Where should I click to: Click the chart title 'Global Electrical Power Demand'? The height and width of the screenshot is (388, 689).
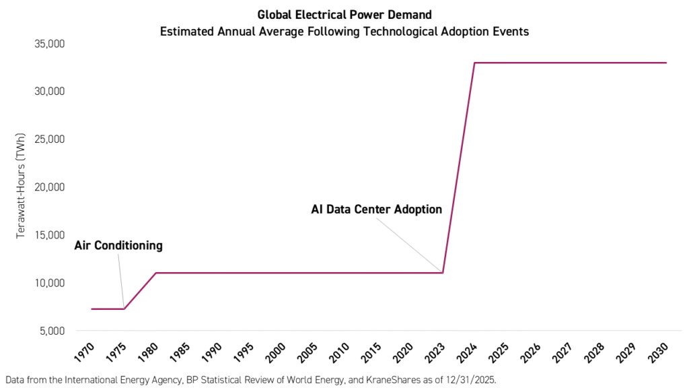tap(344, 15)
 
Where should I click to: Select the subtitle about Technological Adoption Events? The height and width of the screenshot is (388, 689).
tap(344, 30)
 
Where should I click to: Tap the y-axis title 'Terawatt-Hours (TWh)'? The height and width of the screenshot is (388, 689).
tap(21, 187)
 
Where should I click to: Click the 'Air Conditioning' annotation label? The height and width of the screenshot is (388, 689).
tap(118, 246)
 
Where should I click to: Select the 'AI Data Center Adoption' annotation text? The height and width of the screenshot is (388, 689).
tap(376, 209)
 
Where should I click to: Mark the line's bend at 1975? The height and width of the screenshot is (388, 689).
tap(124, 309)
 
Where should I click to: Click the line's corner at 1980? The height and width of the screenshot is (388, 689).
tap(155, 273)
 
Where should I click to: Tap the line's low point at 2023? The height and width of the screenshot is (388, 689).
tap(443, 273)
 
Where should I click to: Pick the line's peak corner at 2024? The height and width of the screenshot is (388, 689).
tap(475, 63)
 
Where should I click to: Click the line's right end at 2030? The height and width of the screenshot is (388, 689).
tap(666, 63)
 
